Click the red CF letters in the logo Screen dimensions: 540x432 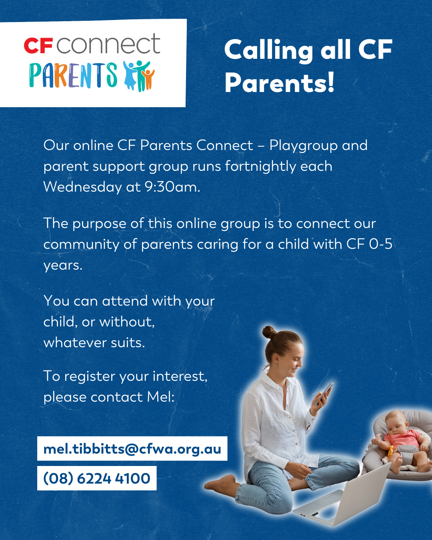pos(38,46)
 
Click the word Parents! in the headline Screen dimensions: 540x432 pos(279,83)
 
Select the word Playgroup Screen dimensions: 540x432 pos(304,146)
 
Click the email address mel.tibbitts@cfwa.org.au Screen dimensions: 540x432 pos(132,449)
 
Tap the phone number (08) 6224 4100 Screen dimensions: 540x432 pos(97,478)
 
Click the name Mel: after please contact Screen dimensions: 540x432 pos(161,397)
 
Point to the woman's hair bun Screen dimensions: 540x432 pos(269,332)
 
